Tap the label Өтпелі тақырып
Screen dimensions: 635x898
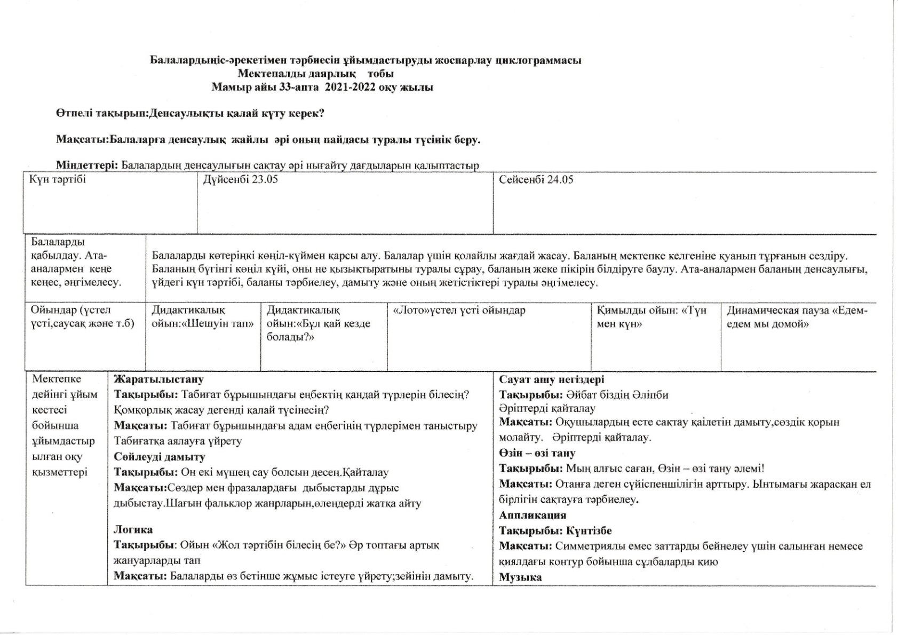pos(101,114)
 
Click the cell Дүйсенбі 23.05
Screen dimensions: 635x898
pos(241,180)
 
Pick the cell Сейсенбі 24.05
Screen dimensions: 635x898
pos(536,180)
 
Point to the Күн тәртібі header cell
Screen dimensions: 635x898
pos(58,180)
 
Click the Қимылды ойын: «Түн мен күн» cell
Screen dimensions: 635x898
pos(651,317)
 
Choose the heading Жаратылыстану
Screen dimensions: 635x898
pos(158,380)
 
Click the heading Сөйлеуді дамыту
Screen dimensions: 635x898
pos(160,457)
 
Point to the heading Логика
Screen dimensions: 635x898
pos(133,530)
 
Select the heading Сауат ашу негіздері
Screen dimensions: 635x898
pos(552,380)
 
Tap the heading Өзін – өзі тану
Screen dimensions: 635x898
pos(537,454)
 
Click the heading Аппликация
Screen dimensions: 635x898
pos(533,515)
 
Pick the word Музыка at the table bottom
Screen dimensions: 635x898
pos(521,577)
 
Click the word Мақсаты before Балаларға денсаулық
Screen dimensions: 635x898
pos(82,140)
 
